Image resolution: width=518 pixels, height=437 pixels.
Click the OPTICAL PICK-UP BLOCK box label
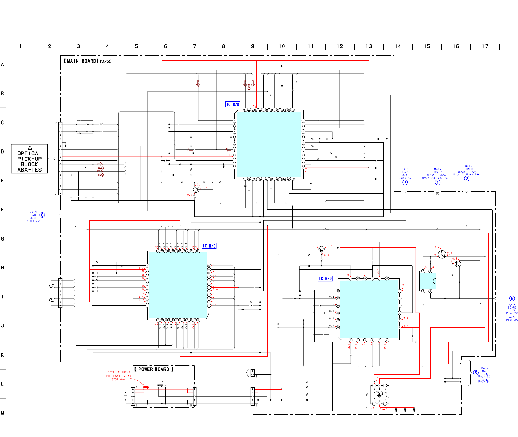point(29,161)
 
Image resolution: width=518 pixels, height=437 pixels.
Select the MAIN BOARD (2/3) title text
point(88,61)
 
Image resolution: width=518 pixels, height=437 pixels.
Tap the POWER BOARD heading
point(154,369)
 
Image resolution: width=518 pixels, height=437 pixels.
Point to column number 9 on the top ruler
point(253,46)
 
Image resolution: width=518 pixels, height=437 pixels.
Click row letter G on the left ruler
point(2,239)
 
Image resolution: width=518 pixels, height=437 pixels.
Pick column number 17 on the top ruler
point(485,46)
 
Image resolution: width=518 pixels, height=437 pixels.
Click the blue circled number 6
point(42,215)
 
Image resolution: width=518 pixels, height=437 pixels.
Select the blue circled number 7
point(405,182)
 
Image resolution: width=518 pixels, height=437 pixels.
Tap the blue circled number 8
point(512,298)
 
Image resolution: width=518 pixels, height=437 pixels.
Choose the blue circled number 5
point(475,373)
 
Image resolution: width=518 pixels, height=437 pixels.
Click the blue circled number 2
point(467,179)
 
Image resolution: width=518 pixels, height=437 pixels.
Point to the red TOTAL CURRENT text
point(119,372)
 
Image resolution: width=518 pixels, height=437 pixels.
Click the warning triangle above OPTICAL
point(30,148)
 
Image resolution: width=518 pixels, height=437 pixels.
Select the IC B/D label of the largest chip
point(233,104)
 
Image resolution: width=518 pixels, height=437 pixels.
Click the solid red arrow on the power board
point(146,387)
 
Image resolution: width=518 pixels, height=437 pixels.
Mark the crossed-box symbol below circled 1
point(438,194)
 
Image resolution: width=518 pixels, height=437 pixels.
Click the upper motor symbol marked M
point(51,286)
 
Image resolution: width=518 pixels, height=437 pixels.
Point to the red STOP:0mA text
point(118,379)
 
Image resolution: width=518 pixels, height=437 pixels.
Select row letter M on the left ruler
point(2,413)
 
